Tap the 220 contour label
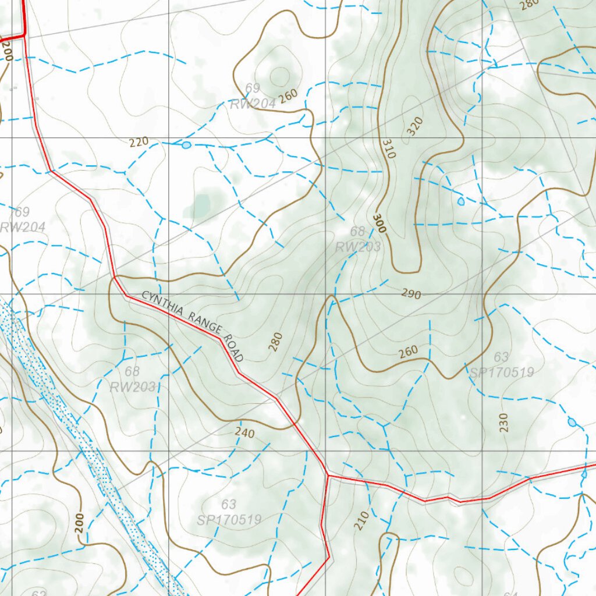pos(139,141)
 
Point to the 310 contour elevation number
pos(389,148)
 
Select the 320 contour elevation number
pos(415,126)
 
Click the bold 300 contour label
pos(379,223)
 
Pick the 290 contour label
pos(411,294)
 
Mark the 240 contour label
pos(245,432)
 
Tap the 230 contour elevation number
pos(503,422)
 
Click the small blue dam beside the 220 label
pos(186,145)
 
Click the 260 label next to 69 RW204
pos(288,95)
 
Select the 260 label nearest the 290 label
pos(408,352)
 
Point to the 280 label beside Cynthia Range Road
pos(275,342)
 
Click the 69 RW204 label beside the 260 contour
pos(252,96)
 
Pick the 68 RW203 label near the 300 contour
pos(358,239)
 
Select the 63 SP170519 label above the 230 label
pos(501,365)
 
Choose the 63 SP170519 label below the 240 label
pos(228,512)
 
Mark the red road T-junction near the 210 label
pos(328,476)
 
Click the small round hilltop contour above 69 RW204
pos(279,76)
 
